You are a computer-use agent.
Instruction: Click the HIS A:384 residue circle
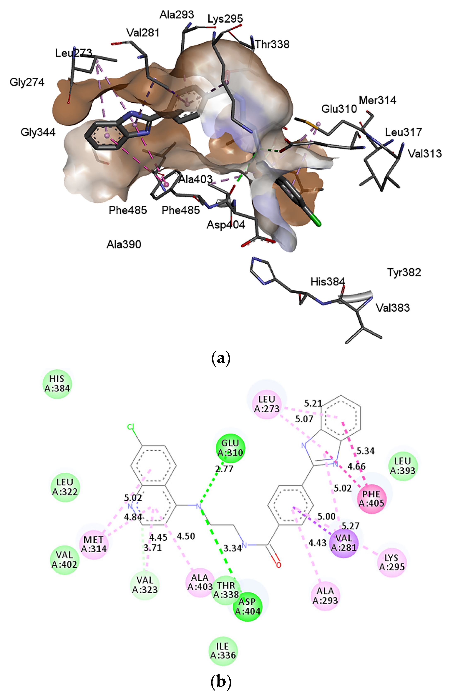click(x=57, y=383)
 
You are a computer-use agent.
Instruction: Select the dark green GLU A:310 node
click(x=230, y=447)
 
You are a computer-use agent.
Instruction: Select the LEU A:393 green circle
click(x=403, y=466)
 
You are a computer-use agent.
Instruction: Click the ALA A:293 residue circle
click(x=325, y=596)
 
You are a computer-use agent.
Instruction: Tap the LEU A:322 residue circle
click(x=65, y=487)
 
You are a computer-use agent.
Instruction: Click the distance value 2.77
click(x=224, y=469)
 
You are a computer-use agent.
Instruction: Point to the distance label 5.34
click(x=366, y=451)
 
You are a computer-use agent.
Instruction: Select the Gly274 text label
click(x=27, y=82)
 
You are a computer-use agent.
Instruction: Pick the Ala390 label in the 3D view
click(x=124, y=244)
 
